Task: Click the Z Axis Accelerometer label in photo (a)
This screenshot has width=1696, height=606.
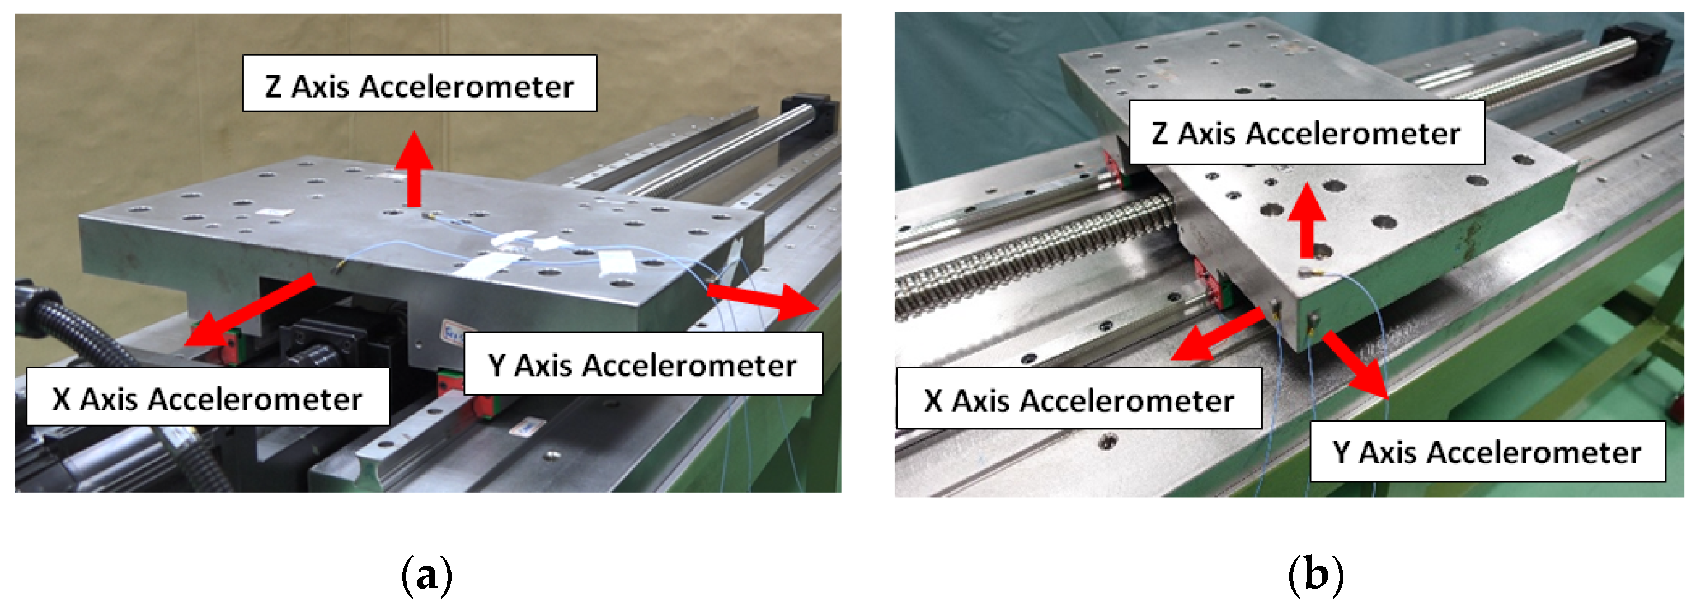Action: (x=420, y=83)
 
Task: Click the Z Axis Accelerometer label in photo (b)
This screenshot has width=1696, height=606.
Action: (x=1306, y=132)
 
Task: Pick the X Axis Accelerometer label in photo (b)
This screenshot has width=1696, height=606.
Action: (x=1078, y=398)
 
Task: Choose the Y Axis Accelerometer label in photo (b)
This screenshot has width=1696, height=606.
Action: (x=1487, y=451)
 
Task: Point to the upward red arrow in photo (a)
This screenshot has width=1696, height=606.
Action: (x=414, y=168)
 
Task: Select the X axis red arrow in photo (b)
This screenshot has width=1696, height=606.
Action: (x=1218, y=335)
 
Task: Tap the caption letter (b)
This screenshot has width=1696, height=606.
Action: (x=1316, y=574)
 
